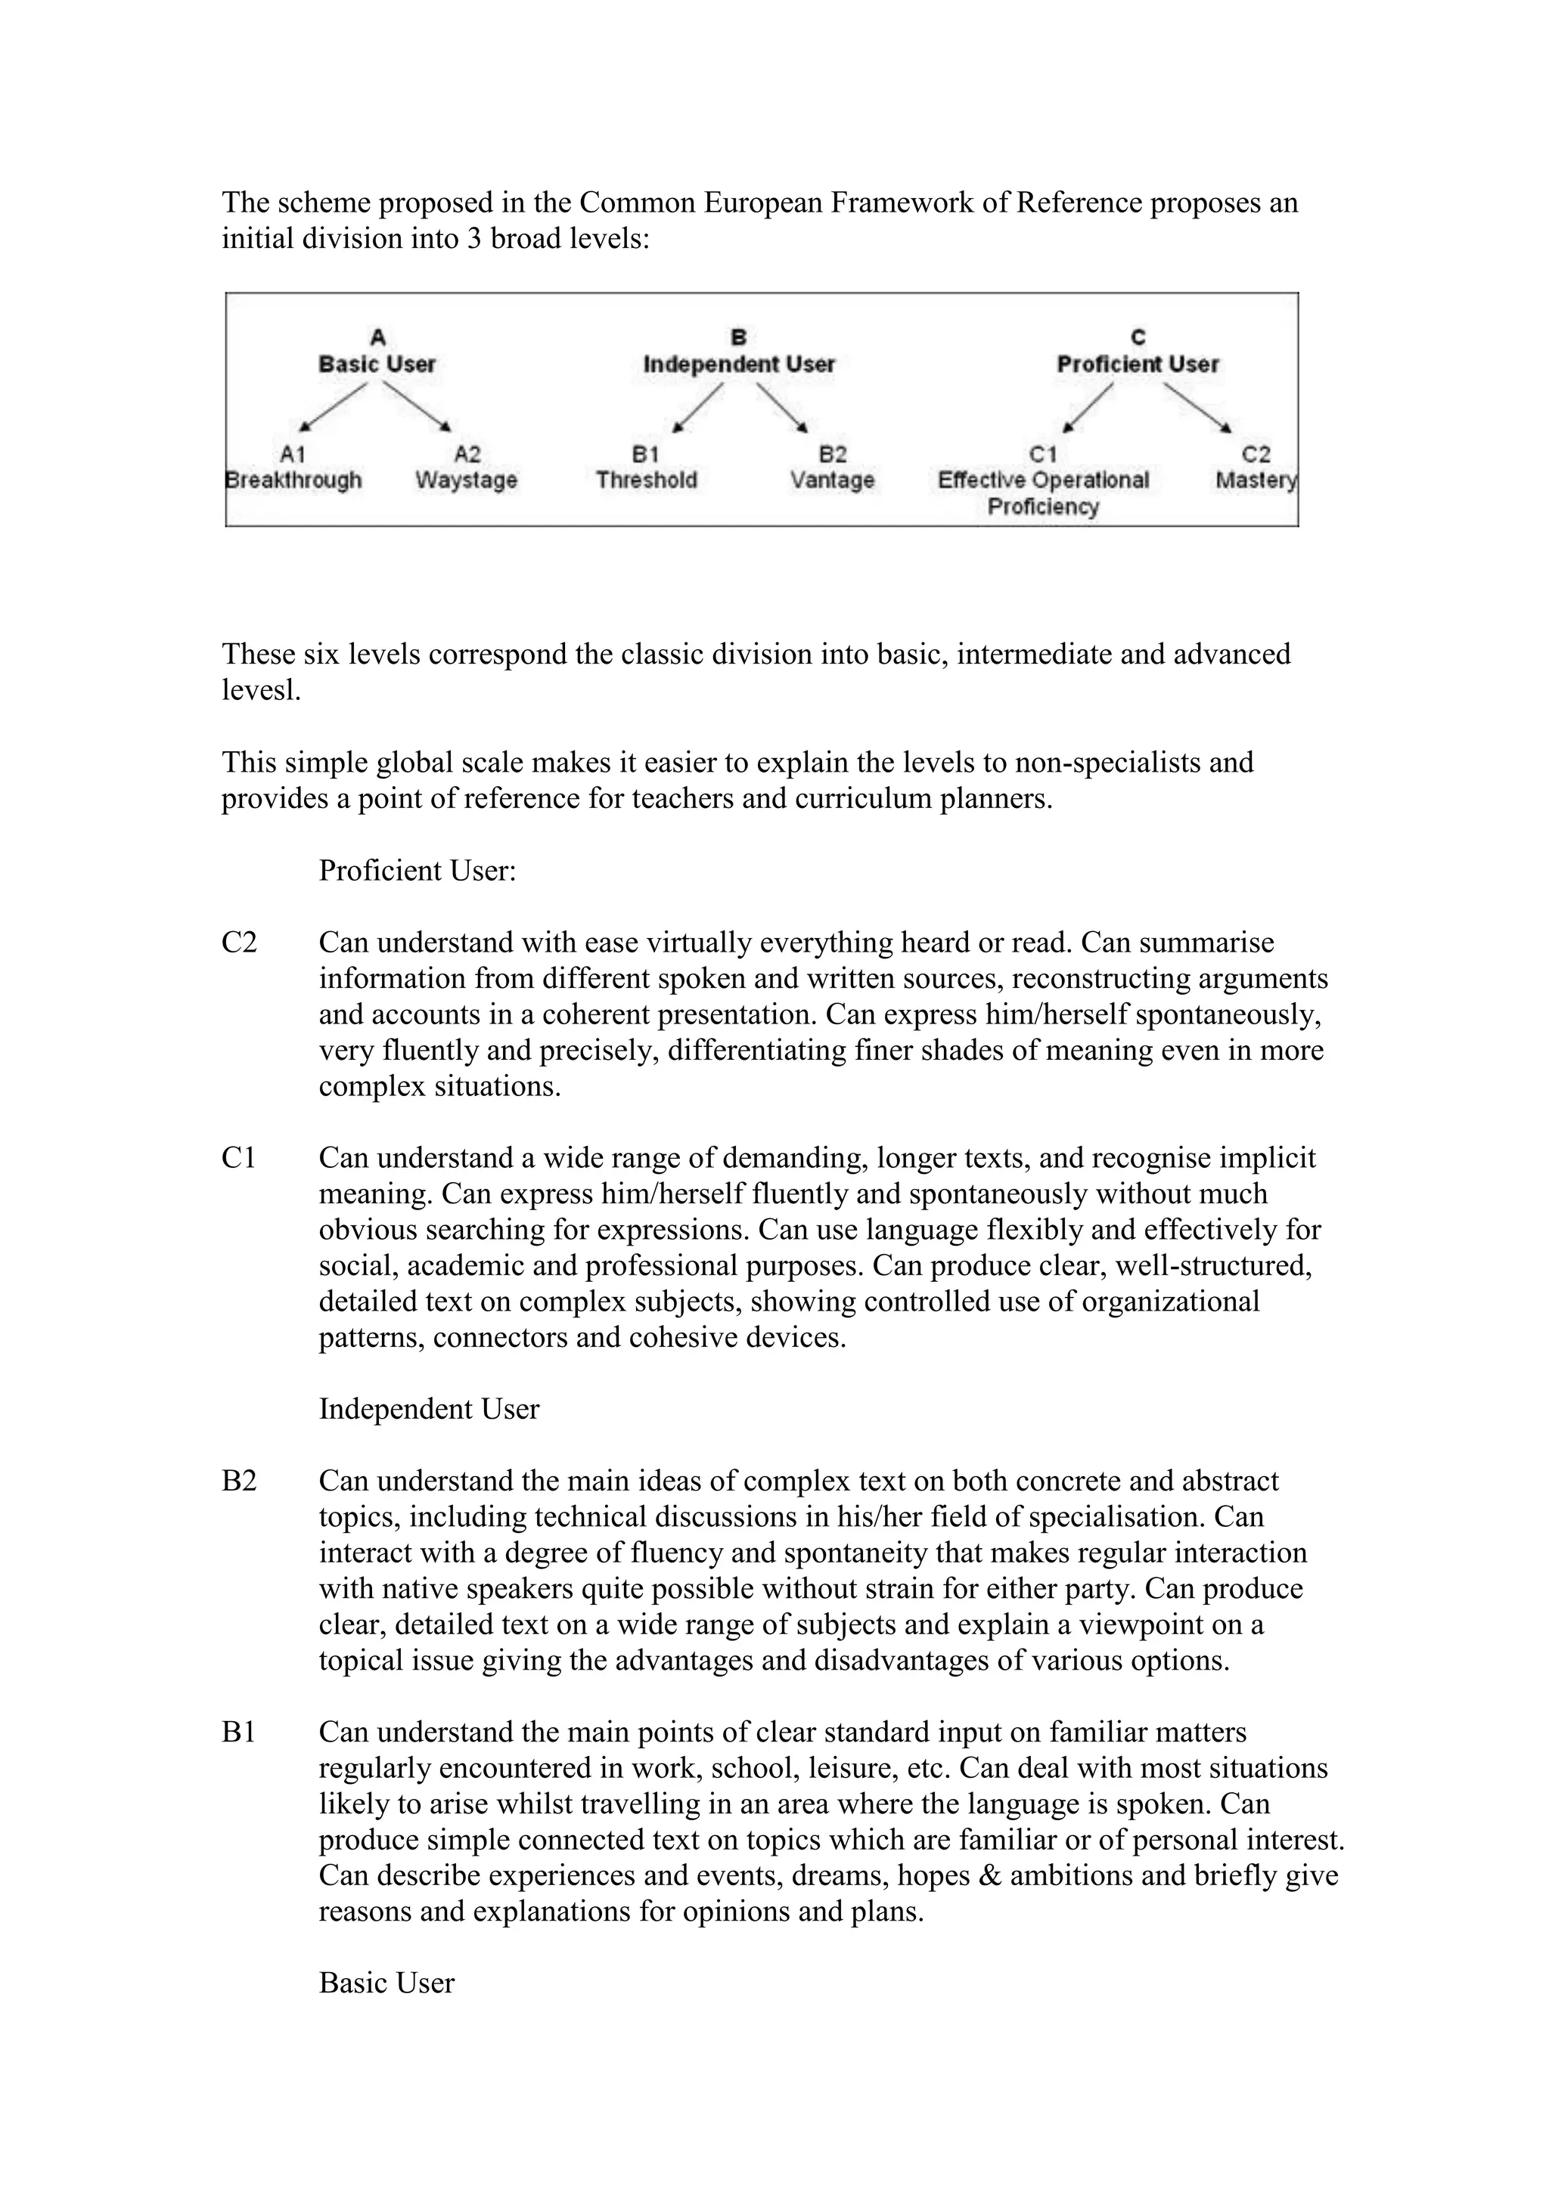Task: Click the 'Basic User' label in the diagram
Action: click(377, 364)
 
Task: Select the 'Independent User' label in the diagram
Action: click(739, 364)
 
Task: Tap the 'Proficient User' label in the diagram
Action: click(1138, 364)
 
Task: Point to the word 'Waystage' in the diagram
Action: click(467, 479)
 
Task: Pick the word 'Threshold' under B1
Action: click(647, 479)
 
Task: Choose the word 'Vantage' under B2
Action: click(832, 479)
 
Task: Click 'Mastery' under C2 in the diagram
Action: click(1256, 479)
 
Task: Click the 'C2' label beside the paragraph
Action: click(240, 943)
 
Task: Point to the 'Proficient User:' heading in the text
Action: click(417, 871)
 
